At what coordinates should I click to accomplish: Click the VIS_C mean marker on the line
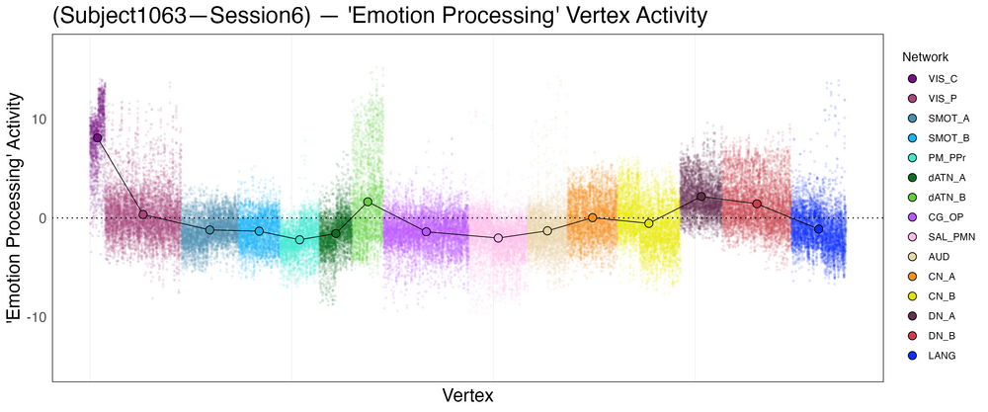click(97, 137)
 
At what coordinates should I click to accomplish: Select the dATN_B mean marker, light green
click(368, 202)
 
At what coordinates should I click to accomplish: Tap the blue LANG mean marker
click(818, 228)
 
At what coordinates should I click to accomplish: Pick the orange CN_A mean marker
click(593, 217)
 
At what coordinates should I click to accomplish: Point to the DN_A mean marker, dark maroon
click(701, 196)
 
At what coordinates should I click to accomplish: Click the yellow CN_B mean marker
click(649, 223)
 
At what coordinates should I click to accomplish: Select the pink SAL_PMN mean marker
click(498, 238)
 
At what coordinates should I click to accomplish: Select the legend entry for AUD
click(941, 256)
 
